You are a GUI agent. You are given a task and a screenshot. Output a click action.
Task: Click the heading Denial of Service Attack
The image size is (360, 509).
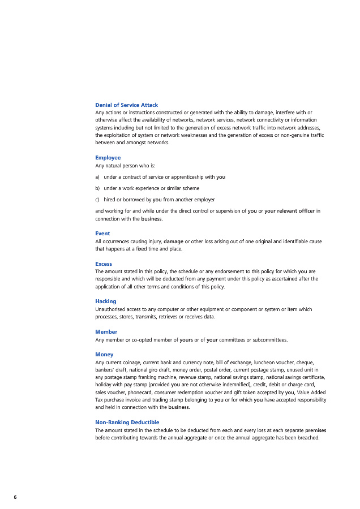(126, 105)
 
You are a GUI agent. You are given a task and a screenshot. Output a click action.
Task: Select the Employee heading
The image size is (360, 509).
(108, 158)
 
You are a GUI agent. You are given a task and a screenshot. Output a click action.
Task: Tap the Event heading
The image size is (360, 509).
(102, 234)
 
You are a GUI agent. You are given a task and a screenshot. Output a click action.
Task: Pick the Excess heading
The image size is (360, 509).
(104, 264)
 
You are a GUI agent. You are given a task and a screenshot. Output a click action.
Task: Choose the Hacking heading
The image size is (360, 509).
(106, 301)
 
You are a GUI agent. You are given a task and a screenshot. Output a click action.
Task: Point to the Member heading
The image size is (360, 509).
(106, 332)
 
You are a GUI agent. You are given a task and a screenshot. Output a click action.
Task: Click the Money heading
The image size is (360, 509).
(104, 355)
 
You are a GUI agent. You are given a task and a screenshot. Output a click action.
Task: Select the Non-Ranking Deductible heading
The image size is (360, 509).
(127, 422)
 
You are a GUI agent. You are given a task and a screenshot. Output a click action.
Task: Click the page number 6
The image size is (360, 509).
(15, 497)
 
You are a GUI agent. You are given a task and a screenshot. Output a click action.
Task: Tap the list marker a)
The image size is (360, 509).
(98, 177)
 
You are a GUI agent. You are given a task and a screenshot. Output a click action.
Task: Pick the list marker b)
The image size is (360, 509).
(98, 188)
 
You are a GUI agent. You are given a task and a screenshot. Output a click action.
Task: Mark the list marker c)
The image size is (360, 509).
(98, 200)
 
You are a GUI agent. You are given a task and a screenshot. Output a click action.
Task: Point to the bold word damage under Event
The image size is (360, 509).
(173, 241)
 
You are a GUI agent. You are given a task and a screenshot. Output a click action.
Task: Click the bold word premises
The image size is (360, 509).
(315, 430)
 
